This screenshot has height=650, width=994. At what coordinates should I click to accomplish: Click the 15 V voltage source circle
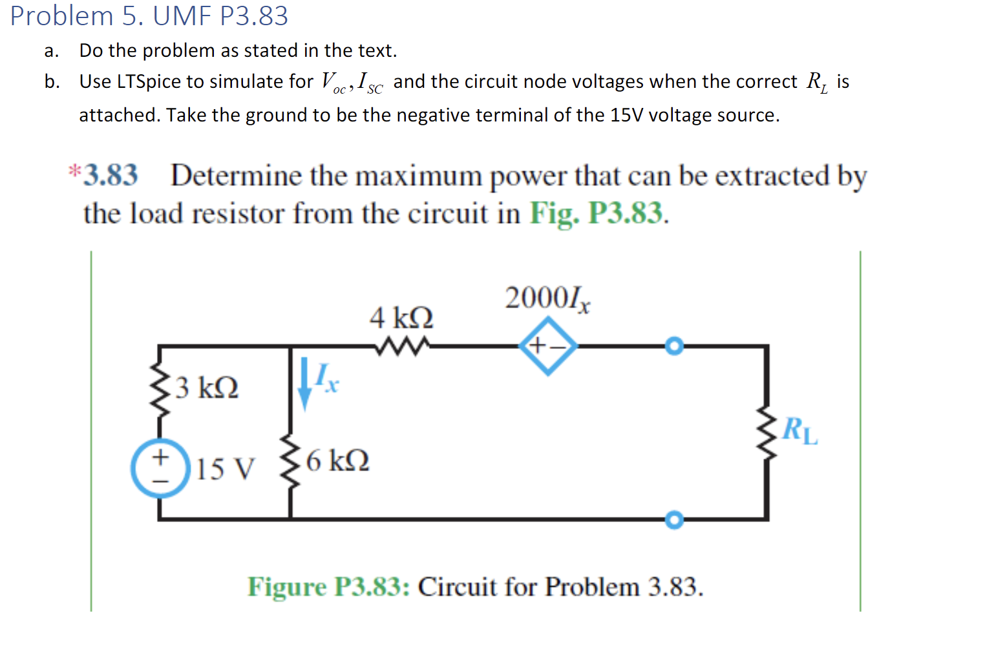(160, 468)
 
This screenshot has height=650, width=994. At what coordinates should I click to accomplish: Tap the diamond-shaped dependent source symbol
(548, 346)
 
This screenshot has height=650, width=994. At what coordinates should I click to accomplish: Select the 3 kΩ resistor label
(207, 388)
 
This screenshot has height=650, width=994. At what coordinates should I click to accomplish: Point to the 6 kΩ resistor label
(337, 461)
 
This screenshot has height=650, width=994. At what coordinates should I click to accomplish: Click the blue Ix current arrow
(304, 386)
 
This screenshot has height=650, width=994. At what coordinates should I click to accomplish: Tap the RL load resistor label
(799, 431)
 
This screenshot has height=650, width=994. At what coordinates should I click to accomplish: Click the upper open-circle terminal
(674, 346)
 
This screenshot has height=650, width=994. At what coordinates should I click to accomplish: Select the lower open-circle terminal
(674, 519)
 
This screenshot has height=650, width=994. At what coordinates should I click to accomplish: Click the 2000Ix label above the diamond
(547, 299)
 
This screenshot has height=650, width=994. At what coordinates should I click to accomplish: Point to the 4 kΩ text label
(401, 318)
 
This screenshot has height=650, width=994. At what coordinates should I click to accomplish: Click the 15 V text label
(226, 469)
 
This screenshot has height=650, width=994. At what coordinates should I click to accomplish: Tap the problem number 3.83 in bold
(111, 175)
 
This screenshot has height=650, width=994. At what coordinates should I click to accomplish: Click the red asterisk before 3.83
(74, 171)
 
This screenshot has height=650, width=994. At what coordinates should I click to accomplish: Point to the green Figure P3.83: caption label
(328, 587)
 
